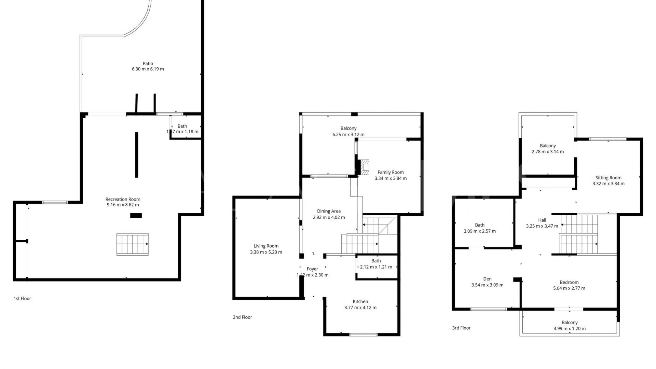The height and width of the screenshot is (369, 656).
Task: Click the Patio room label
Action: coord(148,64)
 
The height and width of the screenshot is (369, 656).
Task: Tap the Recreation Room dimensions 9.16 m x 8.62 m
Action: coord(123,205)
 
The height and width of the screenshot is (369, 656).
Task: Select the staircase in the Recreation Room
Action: coord(133,244)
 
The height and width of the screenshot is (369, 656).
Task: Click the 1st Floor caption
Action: coord(22,299)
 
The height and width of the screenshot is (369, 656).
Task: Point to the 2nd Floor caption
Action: coord(242,317)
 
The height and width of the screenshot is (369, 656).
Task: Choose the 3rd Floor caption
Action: coord(461,328)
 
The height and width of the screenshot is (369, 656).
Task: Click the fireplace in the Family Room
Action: coord(365,167)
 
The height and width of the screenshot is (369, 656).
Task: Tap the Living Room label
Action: coord(266,246)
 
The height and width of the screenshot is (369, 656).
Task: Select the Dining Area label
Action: coord(329,211)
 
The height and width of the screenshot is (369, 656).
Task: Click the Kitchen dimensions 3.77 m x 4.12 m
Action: coord(360,307)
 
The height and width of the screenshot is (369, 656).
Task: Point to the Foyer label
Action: coord(312,269)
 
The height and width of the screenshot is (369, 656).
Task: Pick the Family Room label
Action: coord(391,173)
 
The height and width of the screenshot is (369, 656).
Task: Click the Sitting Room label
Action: coord(608,178)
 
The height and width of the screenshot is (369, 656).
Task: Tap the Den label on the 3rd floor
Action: coord(487,279)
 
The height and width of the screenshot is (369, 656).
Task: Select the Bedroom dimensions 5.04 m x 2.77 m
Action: coord(569,288)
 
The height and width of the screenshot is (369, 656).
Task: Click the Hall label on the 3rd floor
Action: coord(542,220)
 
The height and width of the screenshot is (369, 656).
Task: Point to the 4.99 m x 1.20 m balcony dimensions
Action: coord(569,329)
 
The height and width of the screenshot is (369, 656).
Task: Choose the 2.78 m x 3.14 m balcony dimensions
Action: coord(548,152)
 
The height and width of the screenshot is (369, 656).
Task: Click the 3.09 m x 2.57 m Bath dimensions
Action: coord(479,231)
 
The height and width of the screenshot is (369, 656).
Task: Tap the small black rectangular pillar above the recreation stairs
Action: coord(136,215)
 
